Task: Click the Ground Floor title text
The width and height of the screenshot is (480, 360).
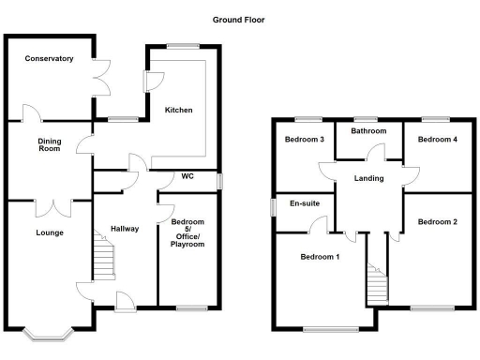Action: click(237, 18)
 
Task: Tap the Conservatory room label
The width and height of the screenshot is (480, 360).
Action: click(50, 59)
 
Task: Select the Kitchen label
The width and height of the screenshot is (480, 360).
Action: click(179, 111)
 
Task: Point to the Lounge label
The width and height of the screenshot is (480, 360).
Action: click(50, 232)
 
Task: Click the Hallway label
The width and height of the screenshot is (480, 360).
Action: click(125, 229)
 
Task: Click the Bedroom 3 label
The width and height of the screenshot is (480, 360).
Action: click(304, 140)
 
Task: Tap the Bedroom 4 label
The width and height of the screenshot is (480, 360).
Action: click(438, 140)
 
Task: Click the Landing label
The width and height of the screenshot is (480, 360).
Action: click(369, 177)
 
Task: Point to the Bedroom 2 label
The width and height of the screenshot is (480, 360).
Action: click(438, 222)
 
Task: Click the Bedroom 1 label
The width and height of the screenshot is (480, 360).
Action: click(320, 256)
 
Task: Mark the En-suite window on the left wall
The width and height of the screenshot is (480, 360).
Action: click(273, 204)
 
